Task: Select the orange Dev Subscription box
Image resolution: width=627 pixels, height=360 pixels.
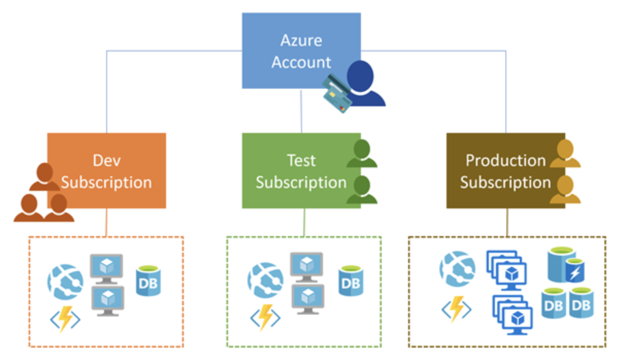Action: pyautogui.click(x=107, y=171)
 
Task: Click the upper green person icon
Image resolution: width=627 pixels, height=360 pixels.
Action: pyautogui.click(x=362, y=154)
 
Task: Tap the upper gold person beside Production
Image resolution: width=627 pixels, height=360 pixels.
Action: pyautogui.click(x=565, y=154)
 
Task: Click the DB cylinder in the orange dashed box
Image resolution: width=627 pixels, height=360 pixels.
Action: pyautogui.click(x=148, y=281)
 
